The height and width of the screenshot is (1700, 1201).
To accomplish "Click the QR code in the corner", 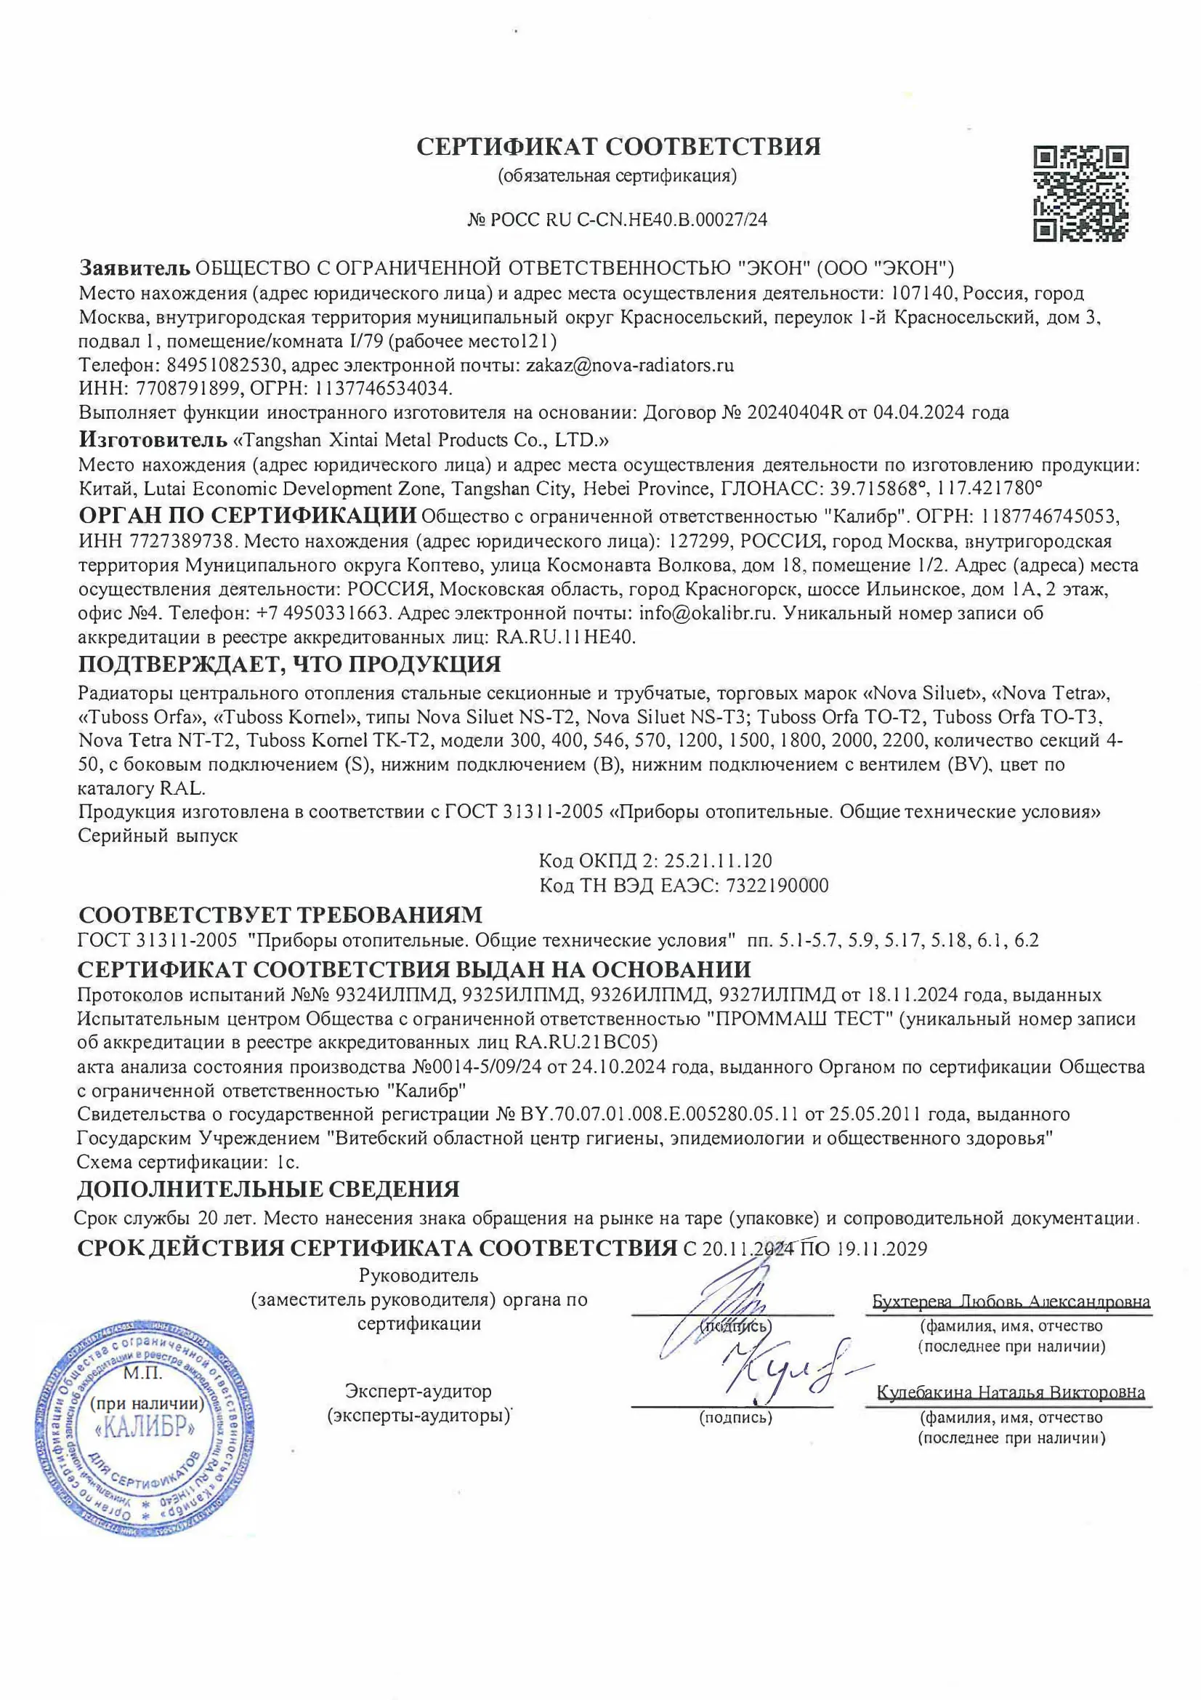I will tap(1080, 194).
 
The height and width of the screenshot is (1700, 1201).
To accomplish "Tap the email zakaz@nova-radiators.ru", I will tap(629, 365).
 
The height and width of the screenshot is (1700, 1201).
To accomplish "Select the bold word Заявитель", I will tap(134, 268).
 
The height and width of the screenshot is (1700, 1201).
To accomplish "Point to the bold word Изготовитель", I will tap(153, 440).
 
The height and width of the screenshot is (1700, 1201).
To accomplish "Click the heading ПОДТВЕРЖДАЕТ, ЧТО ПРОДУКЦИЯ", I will tap(289, 664).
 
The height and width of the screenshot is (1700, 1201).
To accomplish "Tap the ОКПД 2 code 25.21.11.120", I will tap(718, 861).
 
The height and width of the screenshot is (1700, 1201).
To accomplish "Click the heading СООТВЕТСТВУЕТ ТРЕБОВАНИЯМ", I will tap(280, 915).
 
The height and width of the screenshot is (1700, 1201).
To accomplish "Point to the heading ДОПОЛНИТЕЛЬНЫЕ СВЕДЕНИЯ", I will tap(269, 1189).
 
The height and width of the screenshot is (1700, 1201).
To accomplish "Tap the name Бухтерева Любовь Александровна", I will tap(1011, 1302).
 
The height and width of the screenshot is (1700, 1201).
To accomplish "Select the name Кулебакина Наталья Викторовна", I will tap(1011, 1392).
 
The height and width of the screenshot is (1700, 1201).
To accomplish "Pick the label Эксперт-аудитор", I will tap(418, 1391).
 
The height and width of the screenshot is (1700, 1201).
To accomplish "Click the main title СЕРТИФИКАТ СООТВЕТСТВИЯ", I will tap(618, 147).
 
